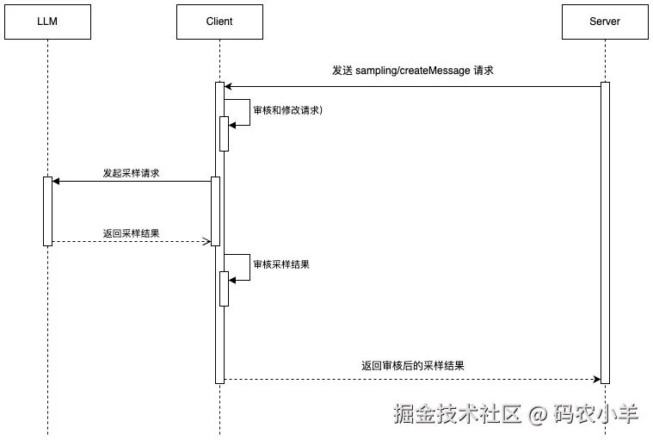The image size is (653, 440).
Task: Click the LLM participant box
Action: [47, 22]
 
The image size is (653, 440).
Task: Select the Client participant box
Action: [219, 22]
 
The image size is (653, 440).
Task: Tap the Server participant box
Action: [605, 22]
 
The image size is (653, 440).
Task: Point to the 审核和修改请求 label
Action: [287, 111]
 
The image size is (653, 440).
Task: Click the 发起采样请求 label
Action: [131, 173]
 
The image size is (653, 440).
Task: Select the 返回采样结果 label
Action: [131, 233]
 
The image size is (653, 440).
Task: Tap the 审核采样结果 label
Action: [281, 264]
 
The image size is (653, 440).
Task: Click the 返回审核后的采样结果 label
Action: [413, 366]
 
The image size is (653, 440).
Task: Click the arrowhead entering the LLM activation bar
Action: [56, 181]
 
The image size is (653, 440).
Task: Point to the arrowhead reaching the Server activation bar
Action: [595, 379]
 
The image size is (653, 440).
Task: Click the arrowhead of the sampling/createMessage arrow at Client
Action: [229, 86]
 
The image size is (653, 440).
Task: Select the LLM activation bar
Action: [47, 210]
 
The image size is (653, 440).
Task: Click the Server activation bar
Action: [605, 232]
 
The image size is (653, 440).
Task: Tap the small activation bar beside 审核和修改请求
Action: [224, 133]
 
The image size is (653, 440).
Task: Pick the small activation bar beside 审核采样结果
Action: [224, 288]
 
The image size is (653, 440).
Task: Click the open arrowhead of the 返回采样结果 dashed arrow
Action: [206, 241]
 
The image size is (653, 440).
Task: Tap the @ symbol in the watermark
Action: [538, 415]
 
